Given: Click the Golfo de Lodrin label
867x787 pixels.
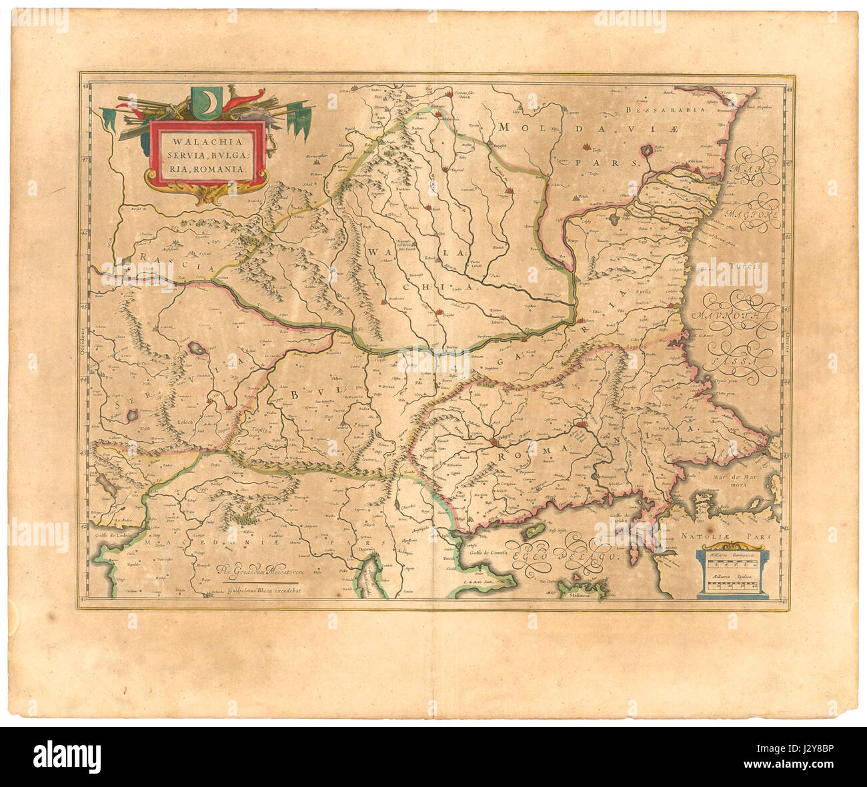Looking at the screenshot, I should [x=110, y=535].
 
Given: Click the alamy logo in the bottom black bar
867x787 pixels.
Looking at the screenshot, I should [x=67, y=757].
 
